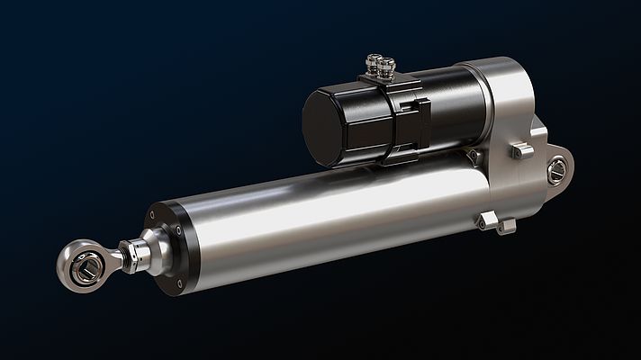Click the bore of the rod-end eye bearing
[x=86, y=267]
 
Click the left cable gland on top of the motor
[x=372, y=64]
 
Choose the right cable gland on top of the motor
[x=387, y=66]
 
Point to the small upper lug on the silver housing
[x=522, y=150]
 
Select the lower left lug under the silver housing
[x=487, y=219]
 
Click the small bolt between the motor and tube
[x=472, y=156]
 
